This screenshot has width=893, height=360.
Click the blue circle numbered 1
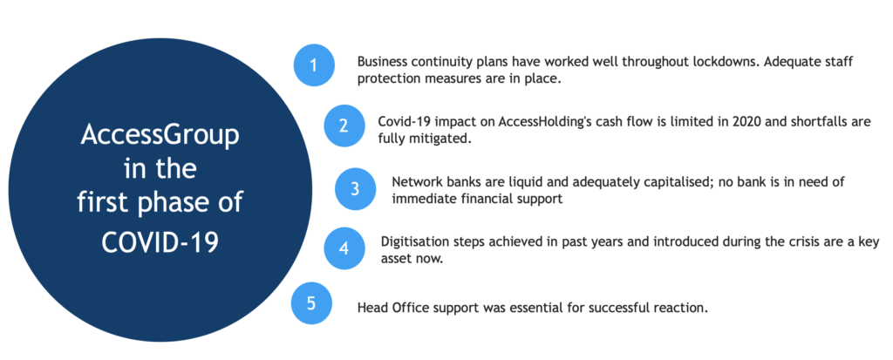click(x=314, y=65)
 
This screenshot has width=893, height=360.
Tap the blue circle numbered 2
click(x=344, y=126)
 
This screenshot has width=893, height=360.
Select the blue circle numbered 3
click(x=356, y=188)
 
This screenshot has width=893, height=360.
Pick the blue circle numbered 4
click(x=344, y=248)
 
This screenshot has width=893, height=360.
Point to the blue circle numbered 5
click(x=311, y=303)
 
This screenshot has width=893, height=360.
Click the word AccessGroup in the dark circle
click(x=160, y=137)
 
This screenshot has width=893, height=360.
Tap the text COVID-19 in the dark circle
click(x=160, y=242)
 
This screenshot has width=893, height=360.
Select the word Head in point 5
click(x=371, y=309)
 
